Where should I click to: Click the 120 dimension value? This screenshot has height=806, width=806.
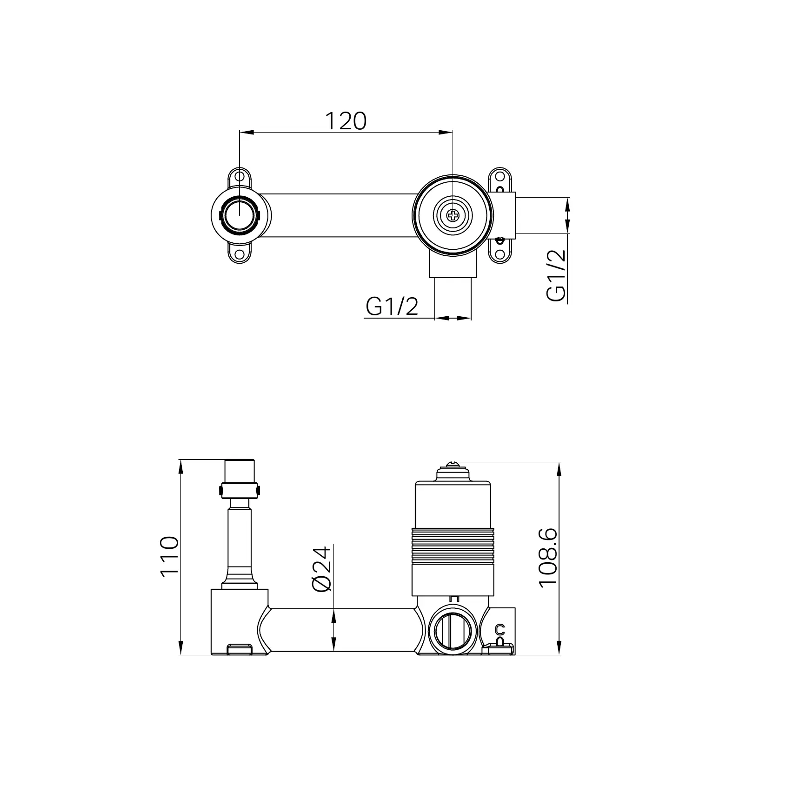tap(345, 121)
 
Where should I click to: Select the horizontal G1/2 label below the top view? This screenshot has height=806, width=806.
tap(392, 306)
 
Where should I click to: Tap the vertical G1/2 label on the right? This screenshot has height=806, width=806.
tap(556, 275)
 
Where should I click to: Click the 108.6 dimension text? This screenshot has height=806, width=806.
tap(548, 558)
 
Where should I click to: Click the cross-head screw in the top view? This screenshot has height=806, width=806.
tap(452, 215)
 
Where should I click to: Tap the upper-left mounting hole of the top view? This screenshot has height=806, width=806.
tap(239, 177)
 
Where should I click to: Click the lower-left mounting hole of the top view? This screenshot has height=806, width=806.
tap(239, 255)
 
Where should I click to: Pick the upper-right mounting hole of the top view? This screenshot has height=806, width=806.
tap(500, 177)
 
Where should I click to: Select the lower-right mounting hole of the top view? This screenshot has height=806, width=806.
tap(500, 254)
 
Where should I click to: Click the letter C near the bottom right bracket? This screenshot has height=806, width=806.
tap(500, 629)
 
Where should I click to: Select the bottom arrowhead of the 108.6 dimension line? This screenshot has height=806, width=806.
tap(559, 649)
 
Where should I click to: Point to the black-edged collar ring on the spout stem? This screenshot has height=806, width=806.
tap(239, 490)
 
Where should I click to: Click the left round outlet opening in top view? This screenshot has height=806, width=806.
tap(239, 215)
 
